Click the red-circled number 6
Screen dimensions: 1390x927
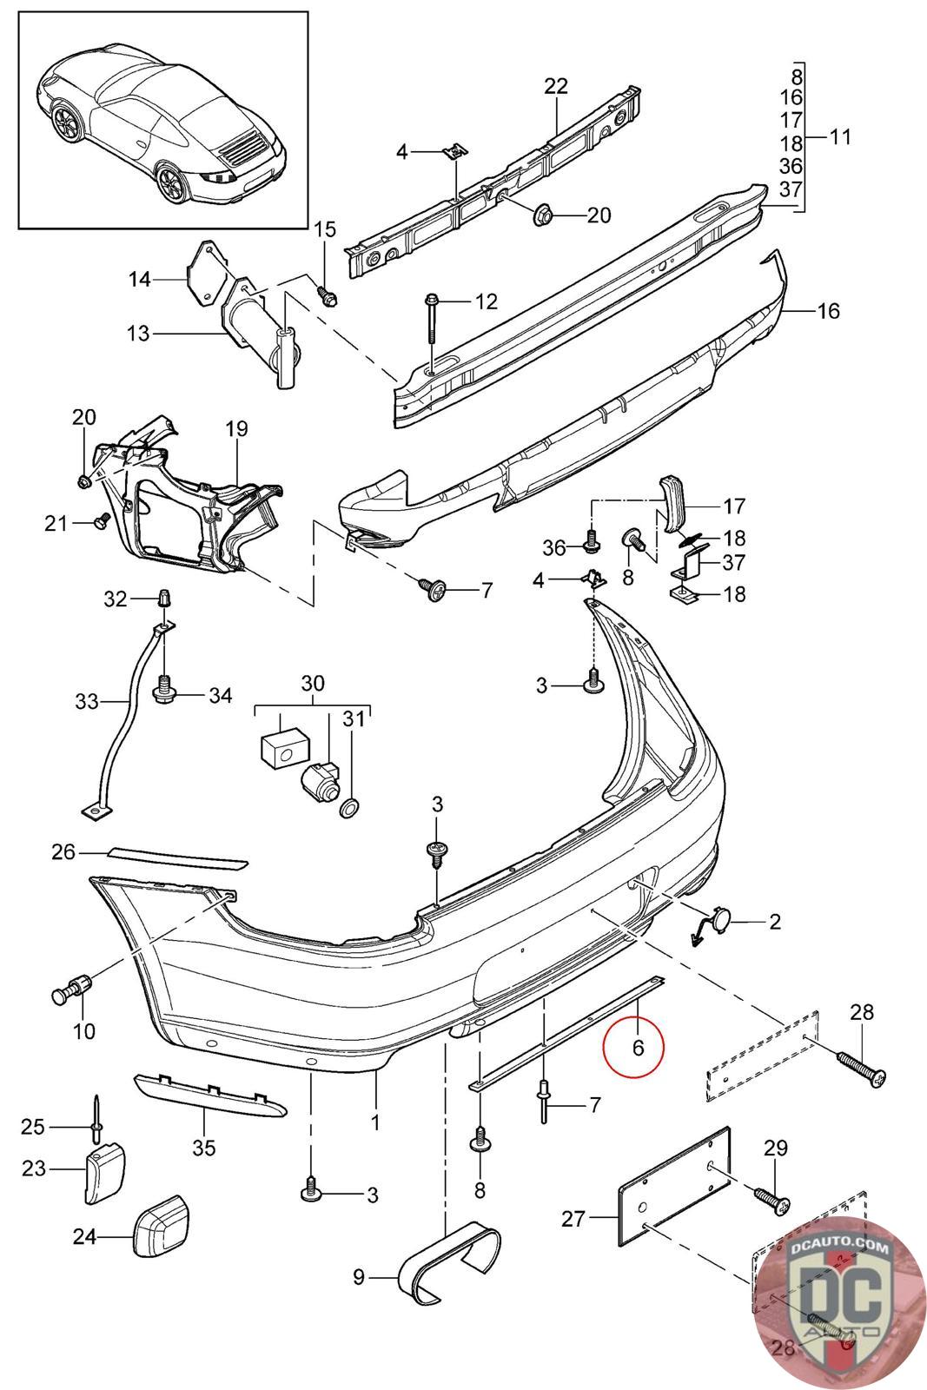(x=638, y=1048)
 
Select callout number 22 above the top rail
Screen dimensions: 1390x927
(x=556, y=86)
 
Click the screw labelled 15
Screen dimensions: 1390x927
(x=326, y=295)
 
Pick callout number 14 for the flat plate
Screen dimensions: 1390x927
(x=139, y=279)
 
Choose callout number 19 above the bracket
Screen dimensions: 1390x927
(x=236, y=428)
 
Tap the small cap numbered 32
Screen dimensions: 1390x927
(x=162, y=599)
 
